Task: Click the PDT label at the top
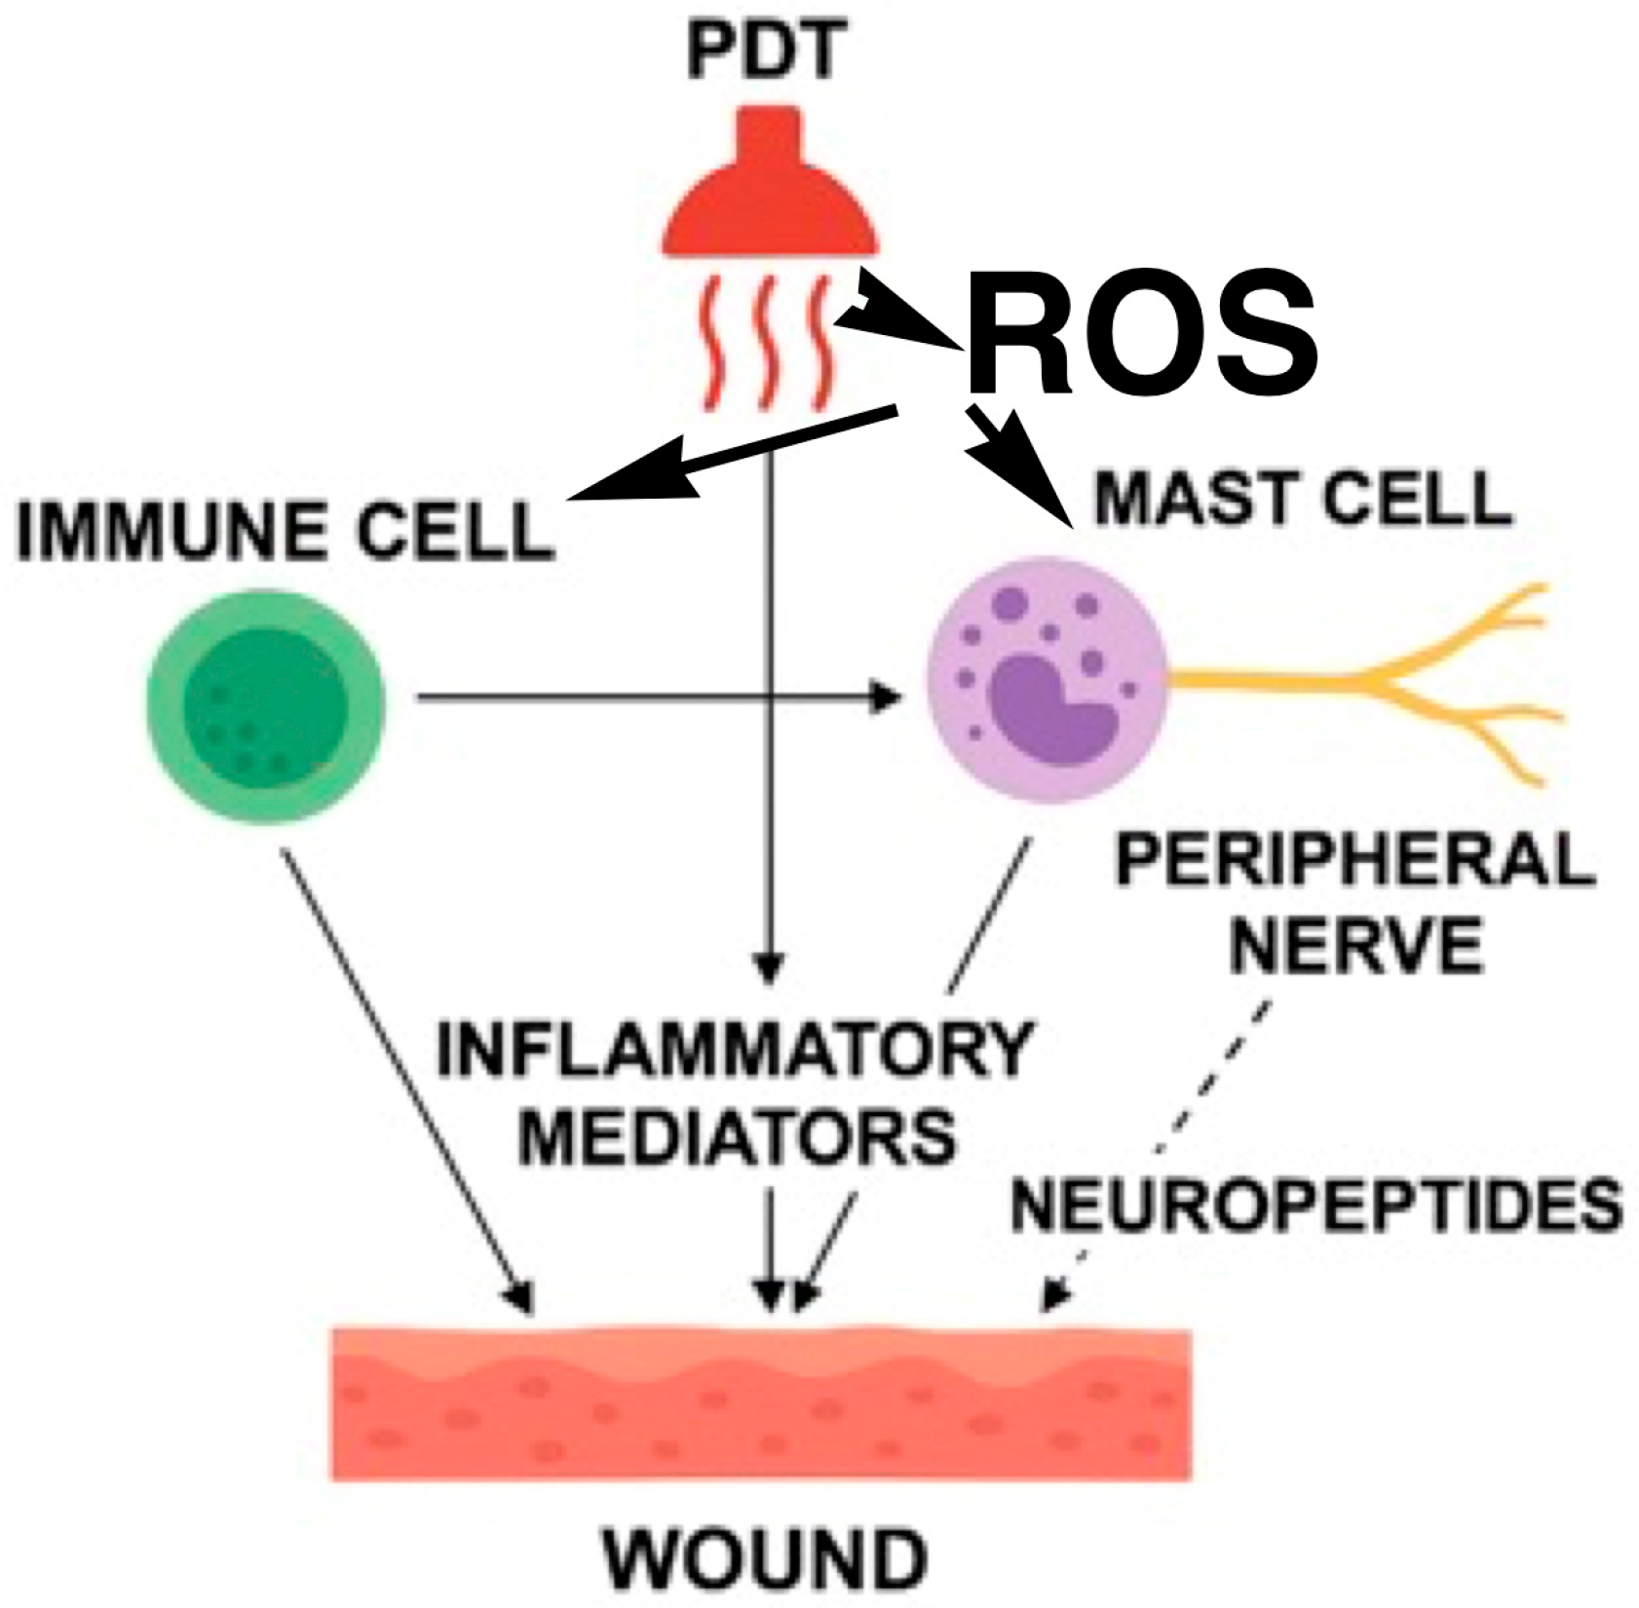point(762,55)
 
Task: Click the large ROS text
point(1140,336)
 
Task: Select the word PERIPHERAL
point(1354,861)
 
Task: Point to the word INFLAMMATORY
point(733,1050)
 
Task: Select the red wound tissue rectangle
point(762,1402)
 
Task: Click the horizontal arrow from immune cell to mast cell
point(653,696)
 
